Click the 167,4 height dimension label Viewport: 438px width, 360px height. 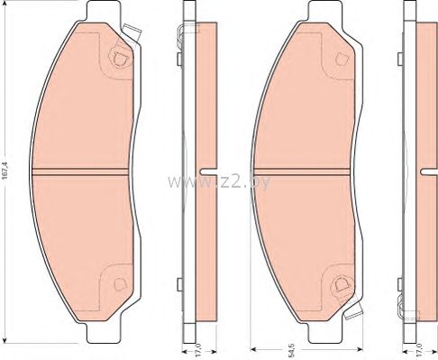click(x=5, y=171)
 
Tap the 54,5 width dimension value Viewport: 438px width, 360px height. click(x=290, y=351)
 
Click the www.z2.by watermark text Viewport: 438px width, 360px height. click(x=218, y=181)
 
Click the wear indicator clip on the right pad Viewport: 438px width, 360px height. click(x=353, y=309)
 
